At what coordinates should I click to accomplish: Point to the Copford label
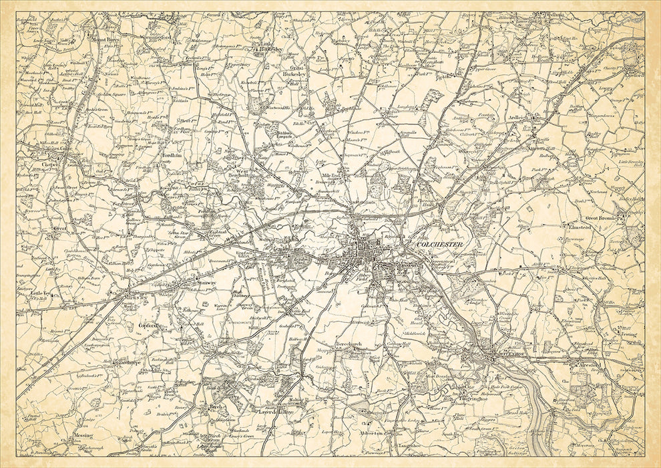[147, 326]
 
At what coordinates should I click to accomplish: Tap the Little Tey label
[41, 293]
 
